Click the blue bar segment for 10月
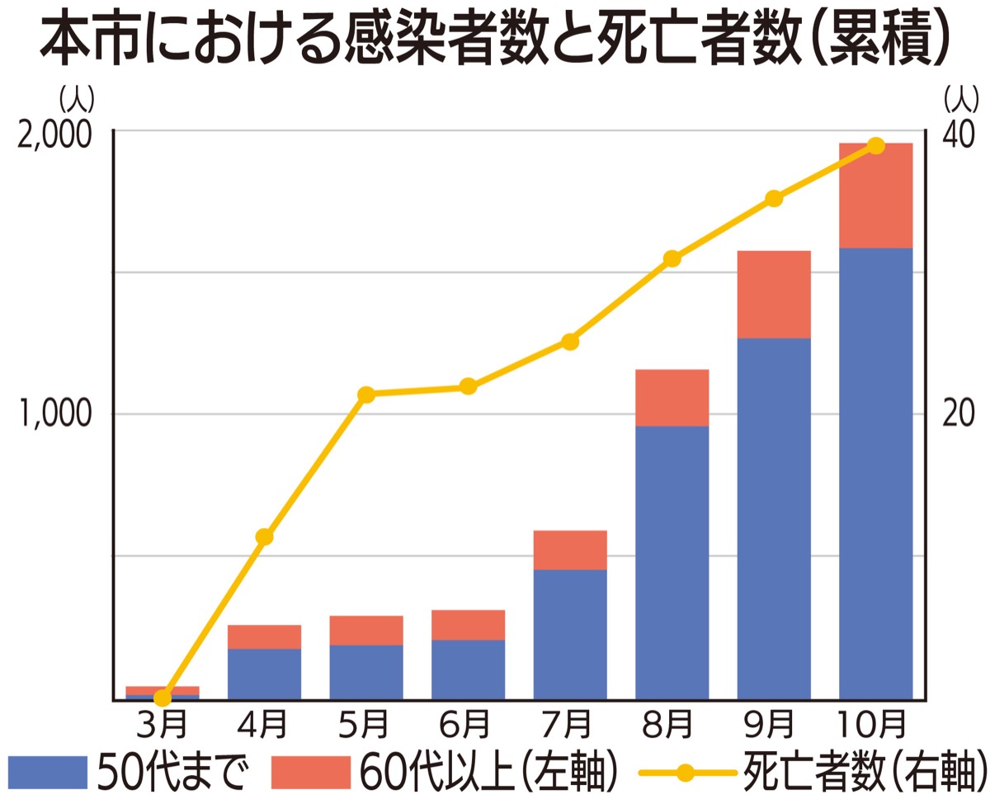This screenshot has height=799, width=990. point(875,473)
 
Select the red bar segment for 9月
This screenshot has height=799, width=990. point(774,294)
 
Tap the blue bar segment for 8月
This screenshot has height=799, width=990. point(672,562)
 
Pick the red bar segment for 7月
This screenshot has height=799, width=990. point(570,550)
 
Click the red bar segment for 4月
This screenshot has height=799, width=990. point(264,636)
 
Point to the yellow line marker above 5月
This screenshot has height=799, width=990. point(366,395)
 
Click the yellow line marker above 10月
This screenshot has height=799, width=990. point(876,146)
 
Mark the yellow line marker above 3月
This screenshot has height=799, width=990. point(163,697)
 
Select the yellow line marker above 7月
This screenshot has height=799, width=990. point(570,342)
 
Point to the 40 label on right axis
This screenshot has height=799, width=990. point(959,135)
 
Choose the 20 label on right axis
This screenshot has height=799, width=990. point(959,414)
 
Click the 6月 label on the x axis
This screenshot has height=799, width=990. point(467,726)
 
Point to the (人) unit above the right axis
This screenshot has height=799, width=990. point(961,99)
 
